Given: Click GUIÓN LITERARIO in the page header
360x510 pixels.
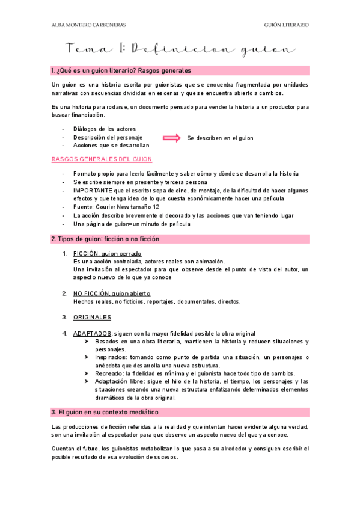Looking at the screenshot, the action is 287,25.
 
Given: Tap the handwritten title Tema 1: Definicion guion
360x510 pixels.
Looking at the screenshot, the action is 180,48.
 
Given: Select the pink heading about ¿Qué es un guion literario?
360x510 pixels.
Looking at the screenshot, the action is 121,70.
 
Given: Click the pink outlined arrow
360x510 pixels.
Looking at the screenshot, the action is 172,138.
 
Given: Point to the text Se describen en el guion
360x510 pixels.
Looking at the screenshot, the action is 220,138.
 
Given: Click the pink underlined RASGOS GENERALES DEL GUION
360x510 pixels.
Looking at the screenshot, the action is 102,159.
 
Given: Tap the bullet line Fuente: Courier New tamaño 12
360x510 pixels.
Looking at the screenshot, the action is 116,207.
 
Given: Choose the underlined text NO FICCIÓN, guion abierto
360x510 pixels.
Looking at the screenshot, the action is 112,293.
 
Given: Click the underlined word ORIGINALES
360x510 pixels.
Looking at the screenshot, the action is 92,317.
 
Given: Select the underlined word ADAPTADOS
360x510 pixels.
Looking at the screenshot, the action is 92,333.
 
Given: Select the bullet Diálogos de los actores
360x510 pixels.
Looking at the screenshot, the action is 104,129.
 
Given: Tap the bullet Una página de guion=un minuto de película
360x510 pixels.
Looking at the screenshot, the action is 132,224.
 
